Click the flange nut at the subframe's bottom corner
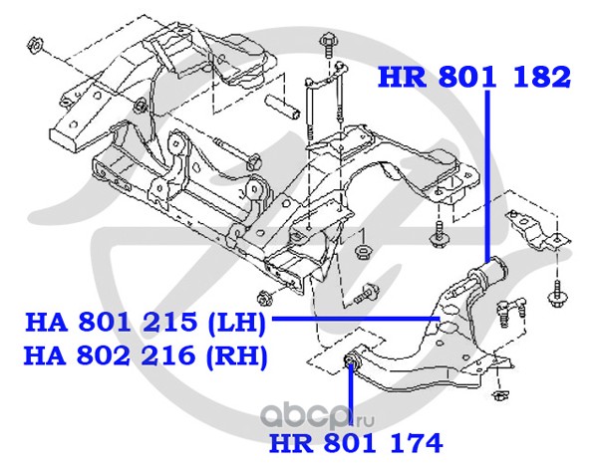tap(264, 296)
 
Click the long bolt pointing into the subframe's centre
tap(232, 153)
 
